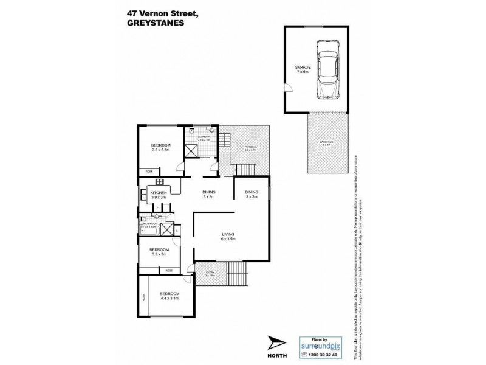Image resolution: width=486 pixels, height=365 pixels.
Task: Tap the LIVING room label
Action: pos(228,234)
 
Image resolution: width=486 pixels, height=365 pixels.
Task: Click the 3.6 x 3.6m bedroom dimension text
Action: pos(160,150)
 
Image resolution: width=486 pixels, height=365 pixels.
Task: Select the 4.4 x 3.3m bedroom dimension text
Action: pos(168,298)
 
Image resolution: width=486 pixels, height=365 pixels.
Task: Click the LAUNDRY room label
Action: pos(203,137)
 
